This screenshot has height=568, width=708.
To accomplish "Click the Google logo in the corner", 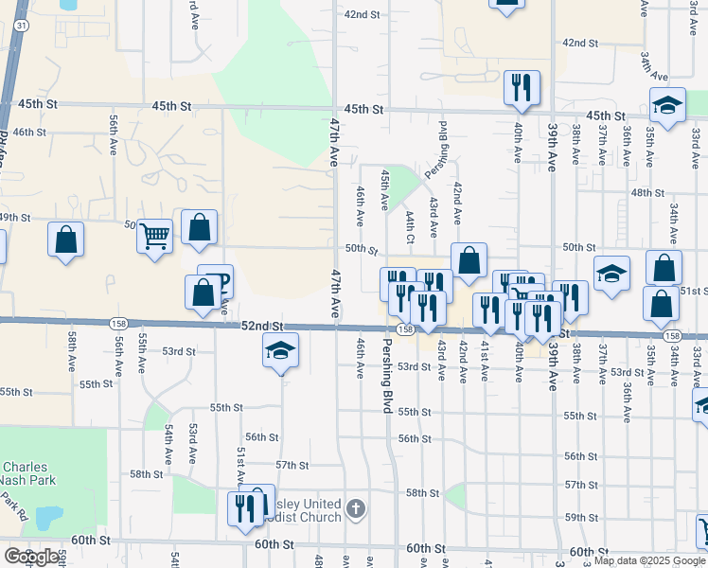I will pyautogui.click(x=31, y=556).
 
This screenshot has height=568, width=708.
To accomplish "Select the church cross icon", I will pyautogui.click(x=355, y=509).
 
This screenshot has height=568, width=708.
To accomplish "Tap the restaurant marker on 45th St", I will pyautogui.click(x=522, y=88).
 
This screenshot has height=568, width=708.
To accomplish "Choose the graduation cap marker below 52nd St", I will pyautogui.click(x=280, y=351).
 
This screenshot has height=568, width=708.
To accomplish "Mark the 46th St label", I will pyautogui.click(x=30, y=133).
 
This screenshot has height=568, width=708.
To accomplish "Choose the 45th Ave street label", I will pyautogui.click(x=384, y=189).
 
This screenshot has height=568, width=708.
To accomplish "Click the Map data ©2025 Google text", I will pyautogui.click(x=649, y=560).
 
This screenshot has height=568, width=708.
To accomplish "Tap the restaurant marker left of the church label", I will pyautogui.click(x=245, y=508).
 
